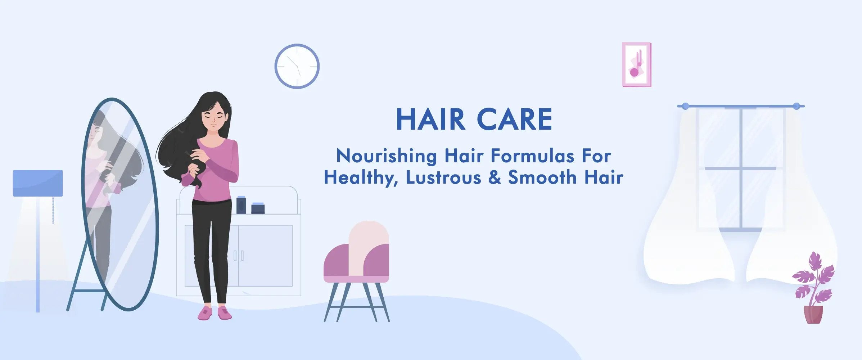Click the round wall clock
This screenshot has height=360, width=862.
[x=297, y=66]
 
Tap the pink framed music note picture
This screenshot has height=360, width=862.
[x=636, y=64]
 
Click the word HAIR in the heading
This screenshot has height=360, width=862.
[x=430, y=119]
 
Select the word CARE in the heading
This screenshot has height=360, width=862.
[x=514, y=119]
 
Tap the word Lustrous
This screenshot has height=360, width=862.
[x=444, y=177]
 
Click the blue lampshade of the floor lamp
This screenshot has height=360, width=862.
[x=38, y=183]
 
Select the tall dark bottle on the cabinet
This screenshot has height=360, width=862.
[x=241, y=205]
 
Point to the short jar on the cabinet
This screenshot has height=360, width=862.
[x=258, y=208]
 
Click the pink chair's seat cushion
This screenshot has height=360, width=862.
[x=356, y=279]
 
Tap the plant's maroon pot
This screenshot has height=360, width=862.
[x=813, y=314]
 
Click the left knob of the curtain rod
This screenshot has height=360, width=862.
[x=685, y=106]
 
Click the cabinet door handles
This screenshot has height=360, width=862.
[x=238, y=256]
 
